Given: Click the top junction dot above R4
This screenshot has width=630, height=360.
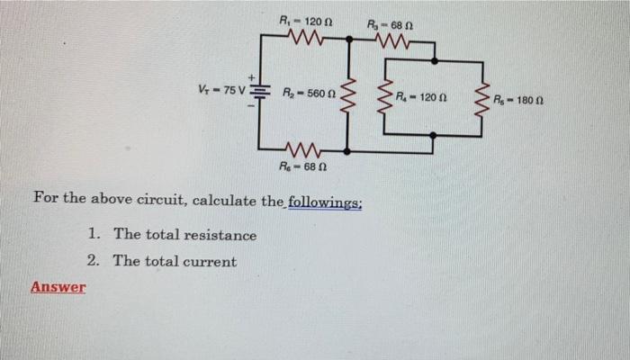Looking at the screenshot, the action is click(433, 60).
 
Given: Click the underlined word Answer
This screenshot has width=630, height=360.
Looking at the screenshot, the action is click(58, 287).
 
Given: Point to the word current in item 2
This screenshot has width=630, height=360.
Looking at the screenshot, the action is click(211, 262).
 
